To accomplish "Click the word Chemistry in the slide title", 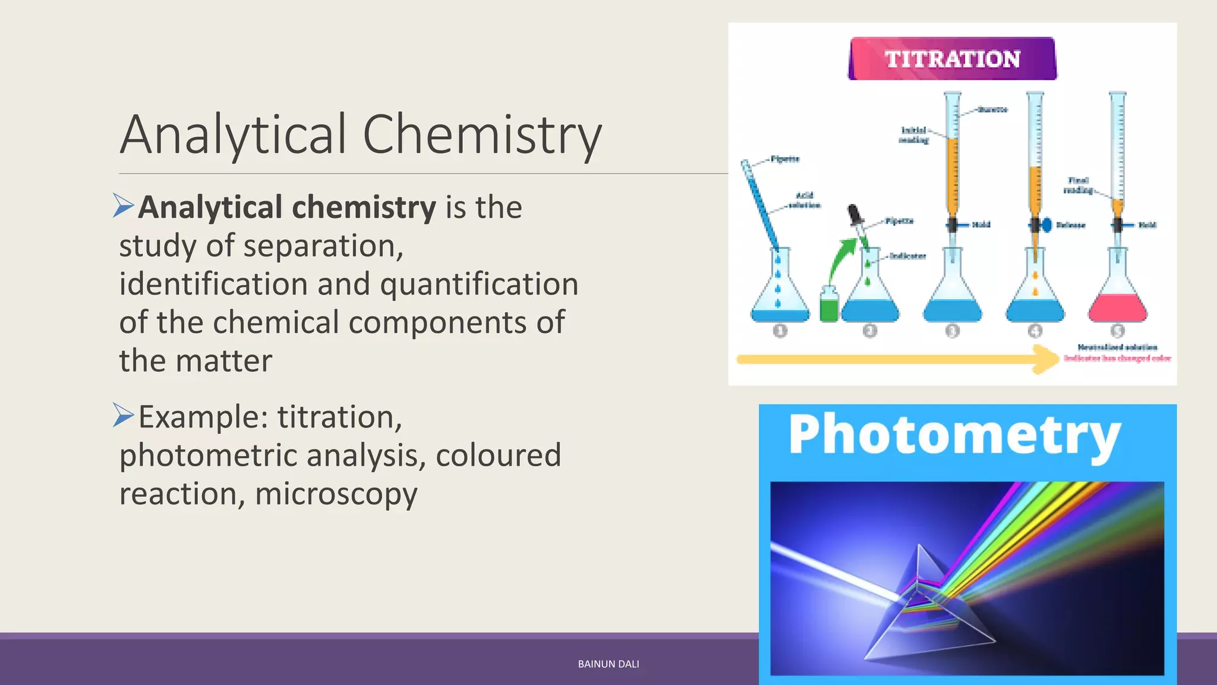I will click(x=482, y=135).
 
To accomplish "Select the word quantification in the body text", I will click(x=479, y=284).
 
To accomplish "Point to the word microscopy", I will click(x=336, y=494).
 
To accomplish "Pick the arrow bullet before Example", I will click(x=123, y=415).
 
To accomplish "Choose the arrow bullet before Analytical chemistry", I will click(x=123, y=206).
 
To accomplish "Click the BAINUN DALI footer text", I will click(x=608, y=664).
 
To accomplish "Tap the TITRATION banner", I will click(x=952, y=59).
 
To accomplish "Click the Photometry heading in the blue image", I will click(x=954, y=436).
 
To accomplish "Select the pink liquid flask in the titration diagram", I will click(x=1117, y=306).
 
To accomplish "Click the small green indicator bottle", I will click(x=828, y=304).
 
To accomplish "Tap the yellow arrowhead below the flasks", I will click(x=1046, y=359).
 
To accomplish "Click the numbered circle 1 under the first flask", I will click(x=780, y=331).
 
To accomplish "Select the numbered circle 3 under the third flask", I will click(x=952, y=331).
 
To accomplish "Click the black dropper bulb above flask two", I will click(x=854, y=213).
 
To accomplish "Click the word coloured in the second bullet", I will click(x=498, y=456).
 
